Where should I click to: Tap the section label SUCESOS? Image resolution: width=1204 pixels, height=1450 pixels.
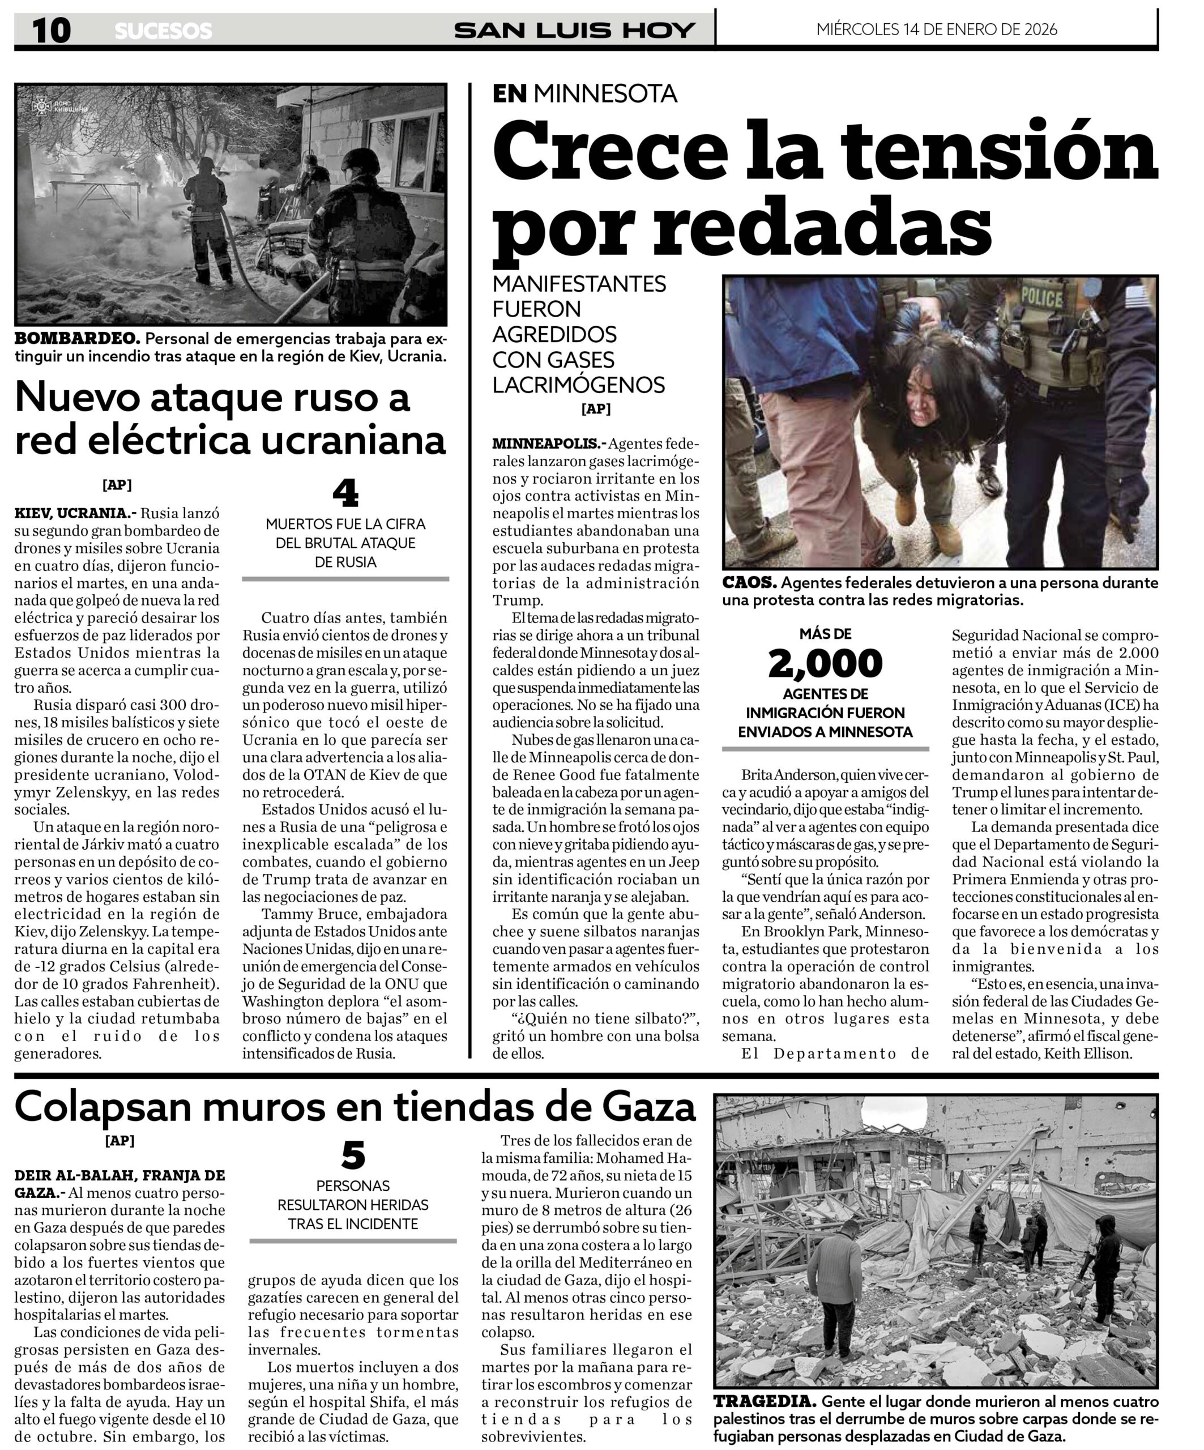tap(163, 31)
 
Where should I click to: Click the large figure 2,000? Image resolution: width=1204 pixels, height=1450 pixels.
tap(825, 664)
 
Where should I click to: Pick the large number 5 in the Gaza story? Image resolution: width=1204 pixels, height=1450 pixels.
tap(353, 1155)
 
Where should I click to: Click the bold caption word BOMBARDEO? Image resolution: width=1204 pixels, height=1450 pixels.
tap(78, 339)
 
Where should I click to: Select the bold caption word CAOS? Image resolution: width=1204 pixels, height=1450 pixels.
tap(749, 583)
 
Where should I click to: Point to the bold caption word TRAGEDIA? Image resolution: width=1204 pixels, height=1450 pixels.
tap(764, 1402)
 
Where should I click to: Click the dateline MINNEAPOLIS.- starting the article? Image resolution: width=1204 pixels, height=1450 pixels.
tap(549, 443)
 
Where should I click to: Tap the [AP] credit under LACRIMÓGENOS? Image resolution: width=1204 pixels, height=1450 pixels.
tap(596, 409)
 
